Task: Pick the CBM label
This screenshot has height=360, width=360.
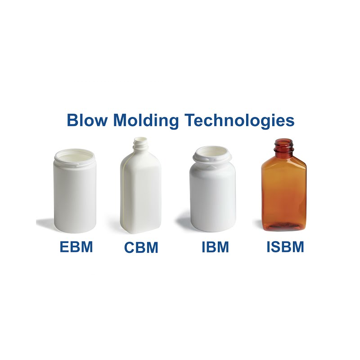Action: (x=141, y=247)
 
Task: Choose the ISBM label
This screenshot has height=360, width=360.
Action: (x=285, y=247)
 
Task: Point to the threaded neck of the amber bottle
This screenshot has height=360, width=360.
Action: (x=283, y=146)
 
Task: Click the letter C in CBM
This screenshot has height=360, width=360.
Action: (x=130, y=247)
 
